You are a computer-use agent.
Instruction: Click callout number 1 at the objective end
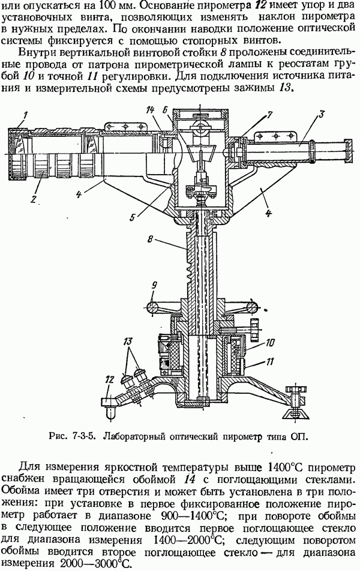[x=25, y=115]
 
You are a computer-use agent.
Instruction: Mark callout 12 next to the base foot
[x=109, y=378]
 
